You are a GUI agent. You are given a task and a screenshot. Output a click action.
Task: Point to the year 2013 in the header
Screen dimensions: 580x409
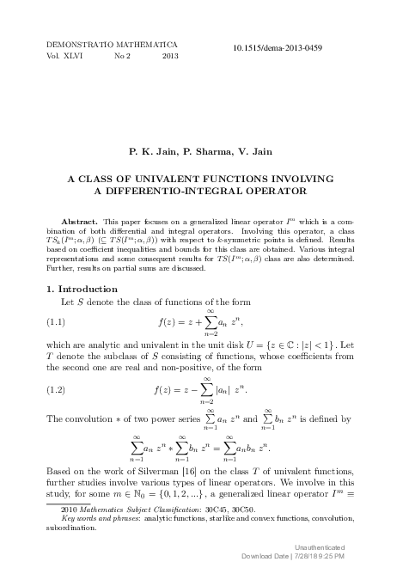pos(169,55)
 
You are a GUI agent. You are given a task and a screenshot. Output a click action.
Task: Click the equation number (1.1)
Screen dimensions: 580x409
pos(55,322)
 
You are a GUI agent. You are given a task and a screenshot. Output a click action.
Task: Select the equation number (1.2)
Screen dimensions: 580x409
pos(55,390)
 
